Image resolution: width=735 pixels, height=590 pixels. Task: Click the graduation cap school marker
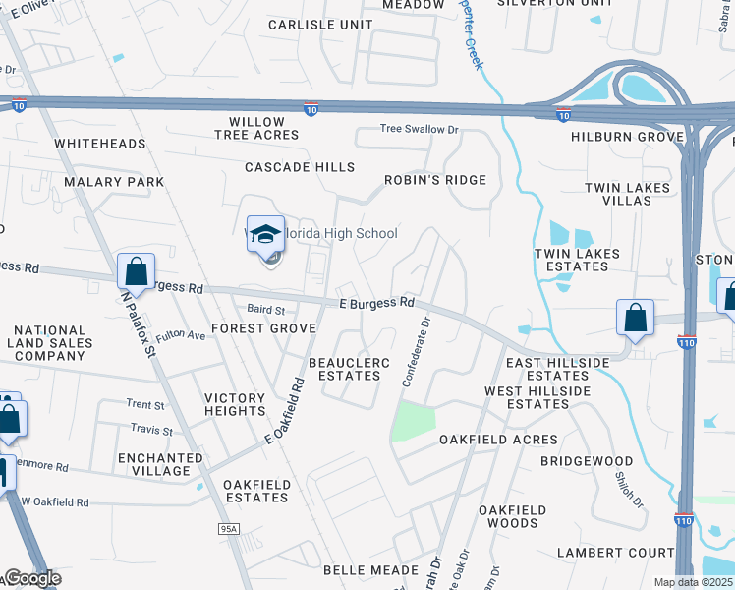click(x=265, y=236)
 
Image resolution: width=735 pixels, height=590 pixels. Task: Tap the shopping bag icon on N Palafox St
click(x=136, y=272)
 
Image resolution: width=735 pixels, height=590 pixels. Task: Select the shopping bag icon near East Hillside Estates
click(x=636, y=319)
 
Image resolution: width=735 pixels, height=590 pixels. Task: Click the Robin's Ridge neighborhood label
click(x=435, y=180)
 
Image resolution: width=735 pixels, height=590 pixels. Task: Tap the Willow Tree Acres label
click(x=256, y=128)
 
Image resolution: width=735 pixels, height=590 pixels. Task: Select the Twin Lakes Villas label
click(x=627, y=194)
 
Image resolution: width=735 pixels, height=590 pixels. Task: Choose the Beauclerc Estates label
click(x=350, y=369)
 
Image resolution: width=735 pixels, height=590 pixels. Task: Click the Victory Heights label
click(x=235, y=404)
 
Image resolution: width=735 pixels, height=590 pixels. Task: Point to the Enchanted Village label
click(x=153, y=464)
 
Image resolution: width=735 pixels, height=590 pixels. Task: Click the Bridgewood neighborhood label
click(x=587, y=460)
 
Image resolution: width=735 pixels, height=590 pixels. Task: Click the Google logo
click(x=31, y=579)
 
